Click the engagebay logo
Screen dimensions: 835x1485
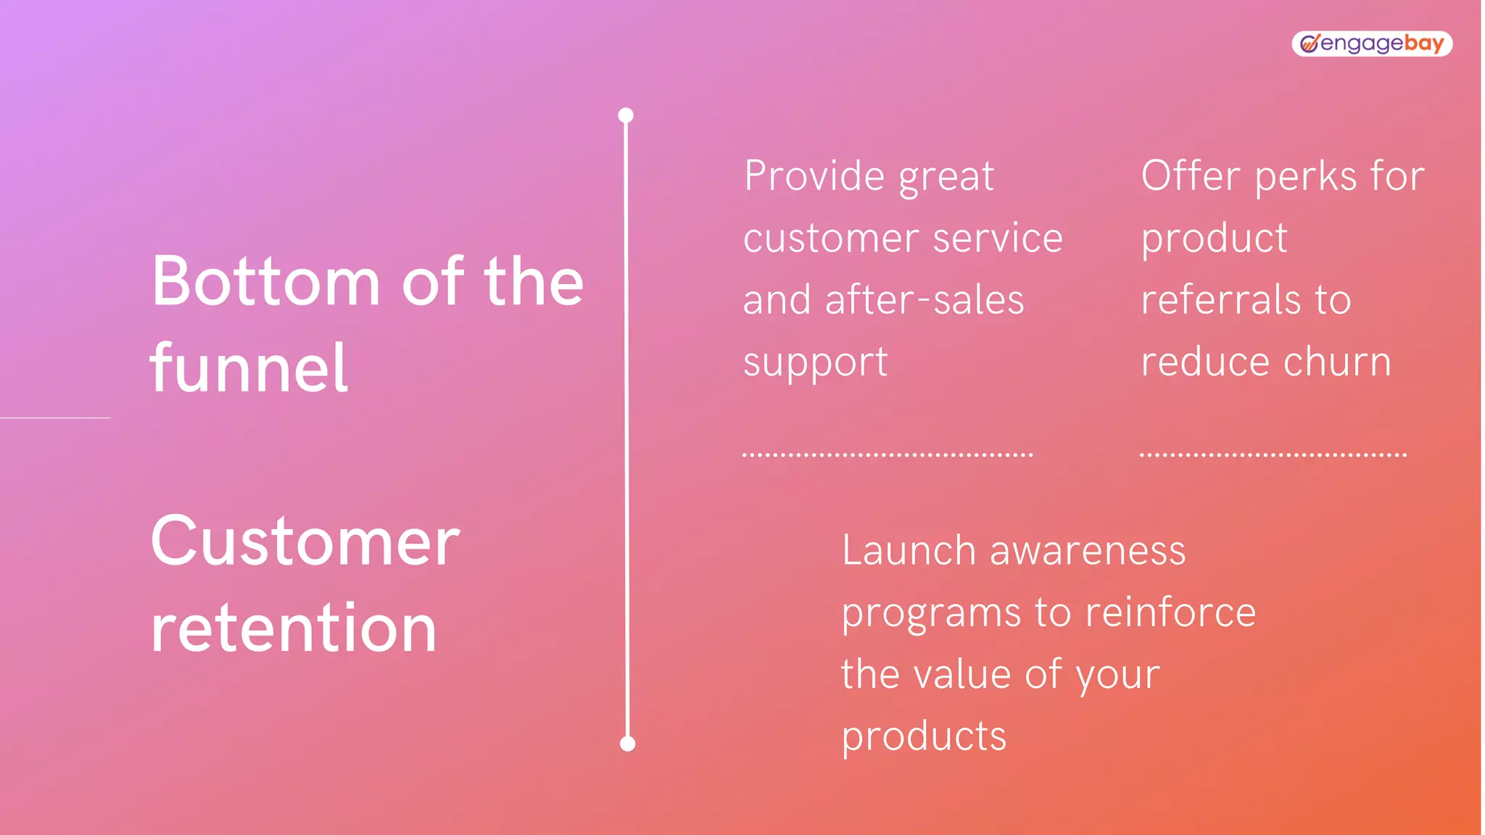[x=1371, y=43]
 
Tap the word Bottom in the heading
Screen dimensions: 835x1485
[x=265, y=282]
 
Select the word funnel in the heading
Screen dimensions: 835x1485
[x=249, y=369]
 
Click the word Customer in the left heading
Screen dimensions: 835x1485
[x=305, y=541]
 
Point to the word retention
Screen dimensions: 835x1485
[x=294, y=628]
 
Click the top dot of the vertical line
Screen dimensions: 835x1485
[x=626, y=115]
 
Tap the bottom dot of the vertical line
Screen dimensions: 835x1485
[x=628, y=744]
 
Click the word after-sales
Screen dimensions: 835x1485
[x=924, y=300]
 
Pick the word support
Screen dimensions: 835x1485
[x=815, y=362]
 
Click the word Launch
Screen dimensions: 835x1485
[x=909, y=550]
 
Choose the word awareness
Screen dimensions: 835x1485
[x=1088, y=551]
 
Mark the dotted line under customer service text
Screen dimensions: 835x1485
[x=888, y=455]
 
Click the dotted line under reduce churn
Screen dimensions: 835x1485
[x=1273, y=455]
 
